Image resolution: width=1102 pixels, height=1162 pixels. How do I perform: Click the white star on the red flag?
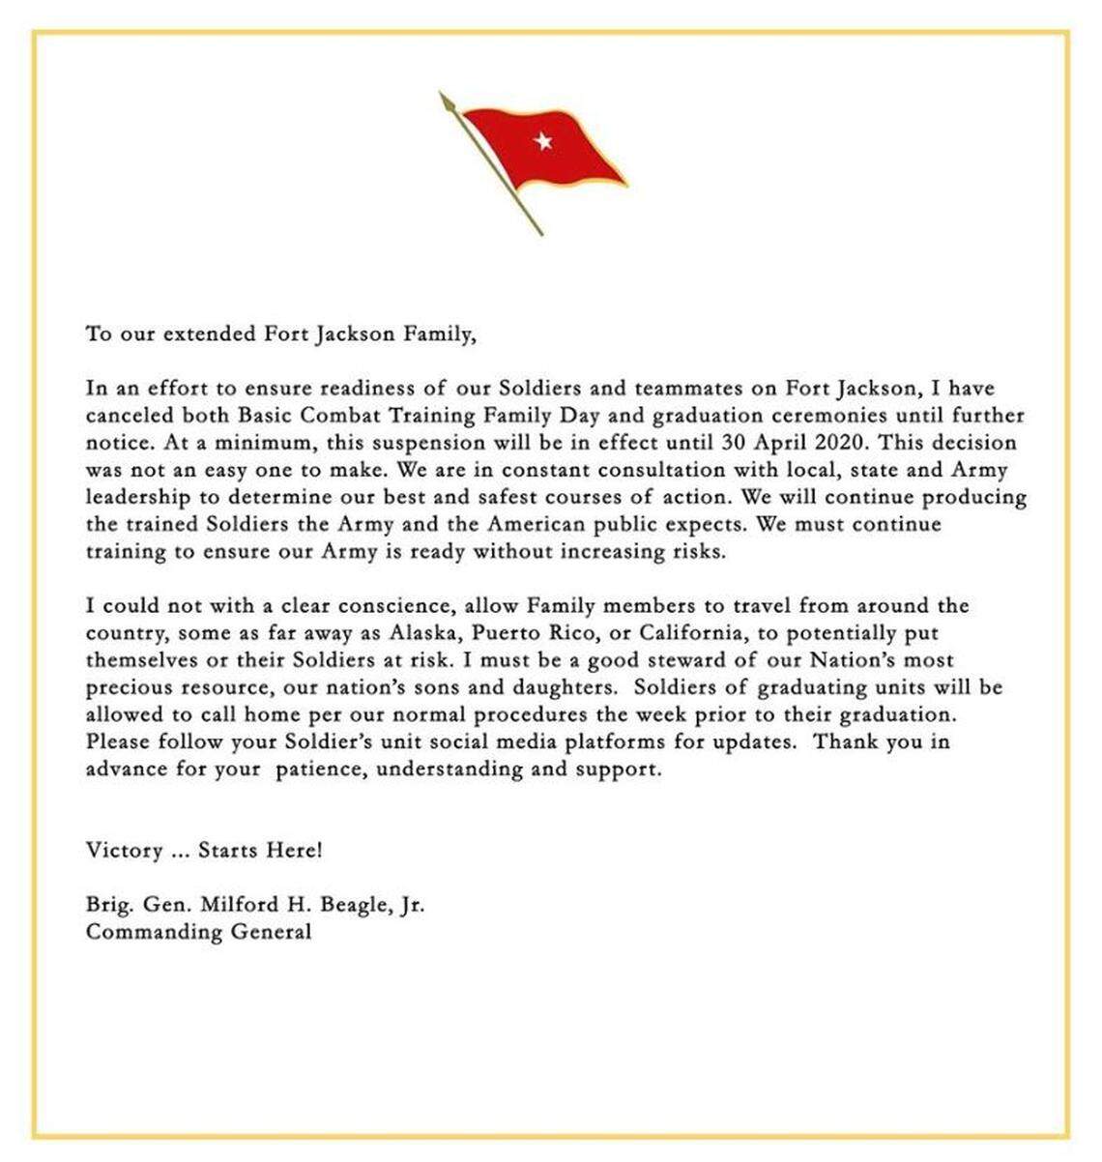[x=543, y=141]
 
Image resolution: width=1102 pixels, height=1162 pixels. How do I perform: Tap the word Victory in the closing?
[x=124, y=851]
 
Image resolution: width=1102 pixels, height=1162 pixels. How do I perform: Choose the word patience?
[x=314, y=770]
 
